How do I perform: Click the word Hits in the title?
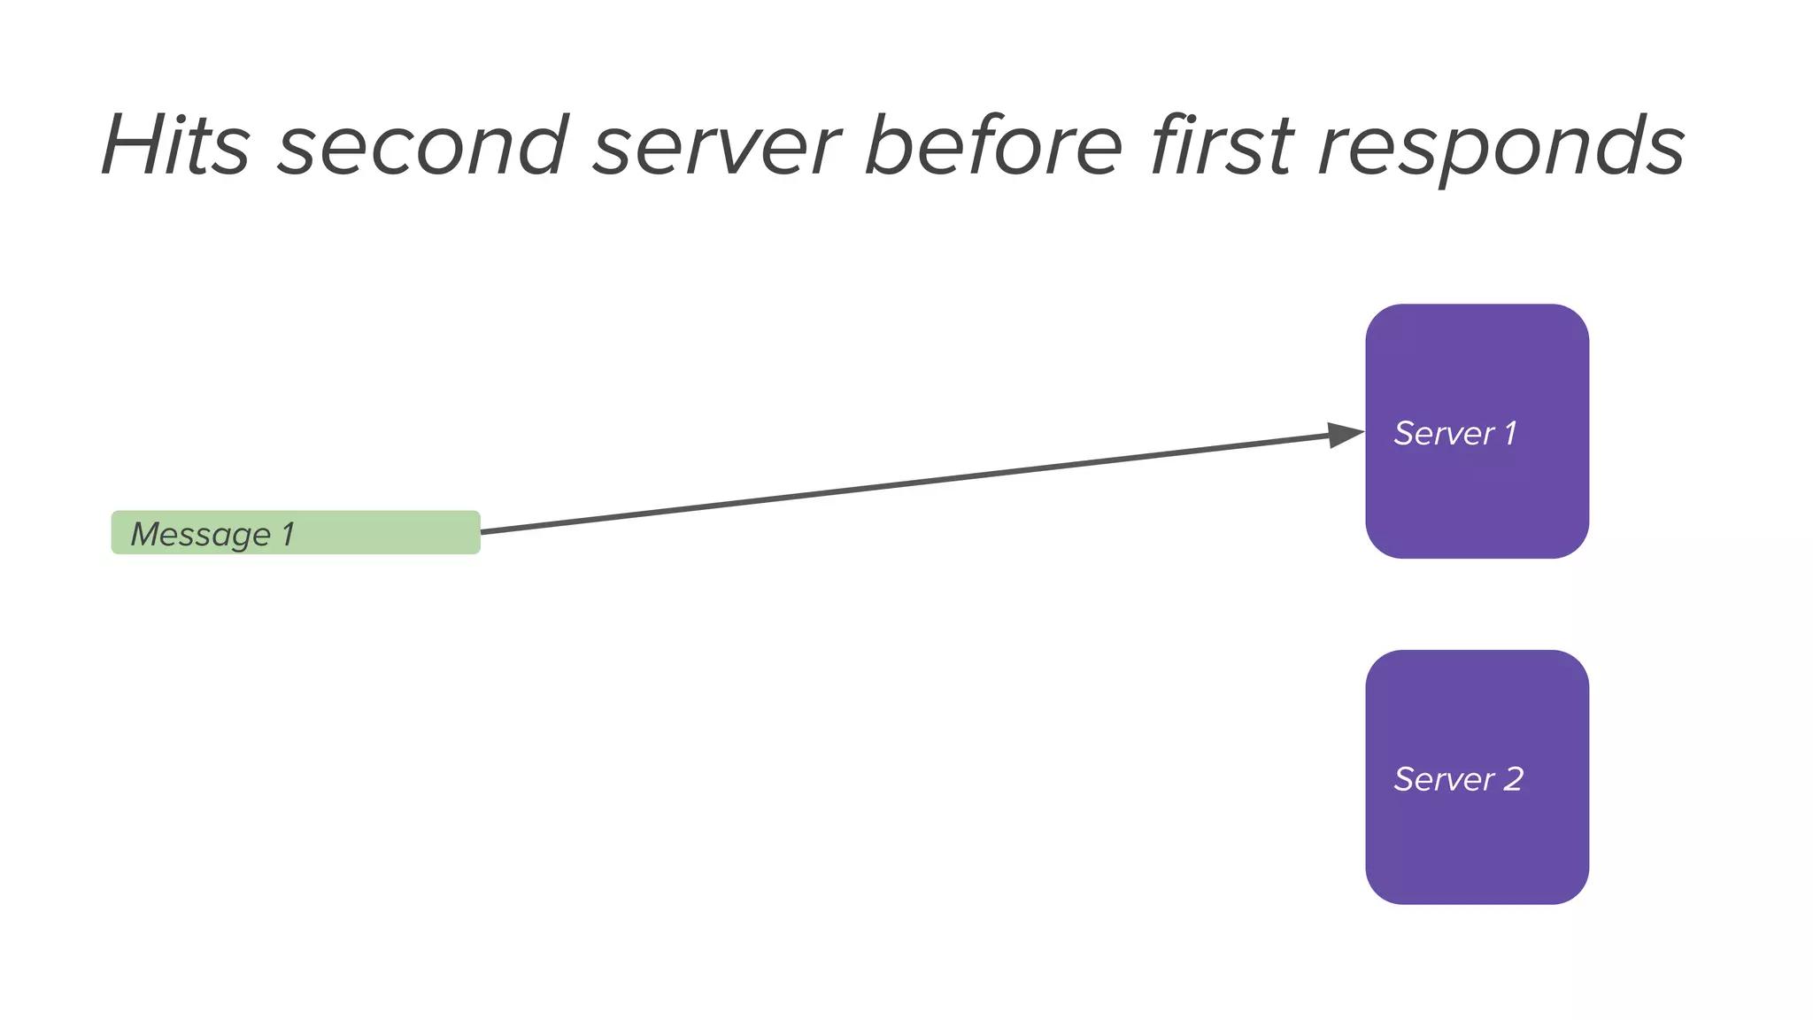point(176,145)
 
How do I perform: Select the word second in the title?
point(422,145)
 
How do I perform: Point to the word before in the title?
point(993,145)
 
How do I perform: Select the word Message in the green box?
point(200,535)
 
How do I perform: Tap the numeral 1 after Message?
point(287,534)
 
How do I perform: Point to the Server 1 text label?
point(1454,433)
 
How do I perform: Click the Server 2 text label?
point(1458,779)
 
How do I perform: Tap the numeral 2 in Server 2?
point(1513,779)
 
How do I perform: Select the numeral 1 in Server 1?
point(1510,433)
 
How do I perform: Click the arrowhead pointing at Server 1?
point(1346,435)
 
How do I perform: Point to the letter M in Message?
point(147,534)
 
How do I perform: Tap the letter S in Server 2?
point(1404,779)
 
